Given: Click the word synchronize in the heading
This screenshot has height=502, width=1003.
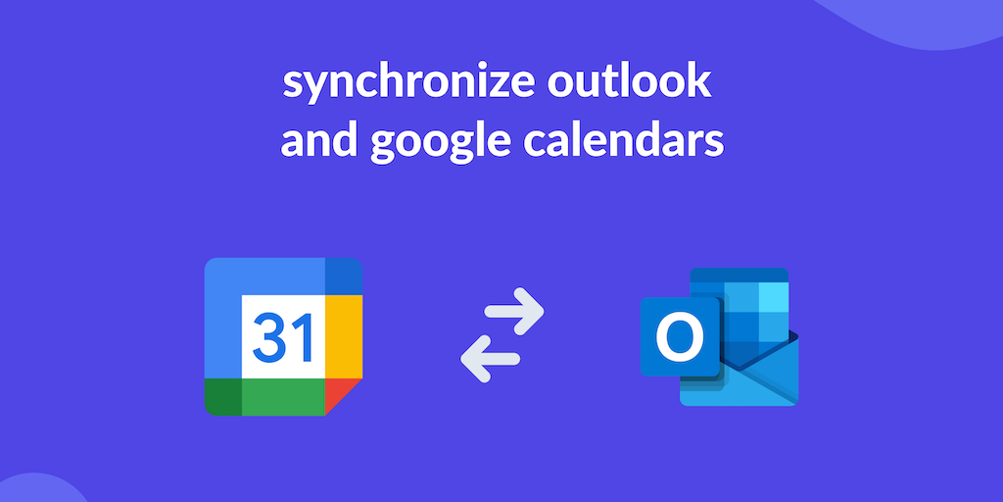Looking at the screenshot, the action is pos(408,84).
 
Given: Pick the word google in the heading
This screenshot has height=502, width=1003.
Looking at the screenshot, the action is pos(441,143).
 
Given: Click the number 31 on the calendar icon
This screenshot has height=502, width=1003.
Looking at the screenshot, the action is pos(283,337).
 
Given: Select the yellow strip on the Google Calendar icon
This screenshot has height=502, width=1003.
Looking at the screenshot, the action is pos(344,337).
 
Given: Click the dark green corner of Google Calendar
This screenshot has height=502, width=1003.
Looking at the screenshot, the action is pos(223,397).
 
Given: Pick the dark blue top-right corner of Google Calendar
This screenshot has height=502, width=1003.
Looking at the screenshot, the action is pos(344,276).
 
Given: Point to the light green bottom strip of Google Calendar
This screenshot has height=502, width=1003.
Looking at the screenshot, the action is pos(283,397).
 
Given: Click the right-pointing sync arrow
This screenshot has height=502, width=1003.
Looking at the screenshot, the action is pos(514,312).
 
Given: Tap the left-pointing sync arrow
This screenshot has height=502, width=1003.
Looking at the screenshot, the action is pos(490,359).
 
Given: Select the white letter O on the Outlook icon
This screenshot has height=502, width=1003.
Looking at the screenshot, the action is pos(680,337).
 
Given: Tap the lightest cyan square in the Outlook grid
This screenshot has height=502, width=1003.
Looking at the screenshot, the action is pos(774,296).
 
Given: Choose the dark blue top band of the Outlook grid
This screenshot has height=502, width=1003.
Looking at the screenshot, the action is pos(739,275).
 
